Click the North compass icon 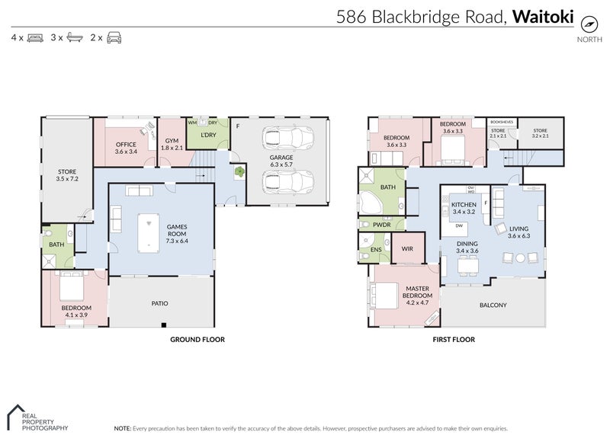pyautogui.click(x=587, y=23)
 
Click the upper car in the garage pyautogui.click(x=287, y=138)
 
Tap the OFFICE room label pyautogui.click(x=125, y=145)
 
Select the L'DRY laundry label pyautogui.click(x=207, y=135)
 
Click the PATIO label pyautogui.click(x=160, y=303)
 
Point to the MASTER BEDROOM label pyautogui.click(x=418, y=292)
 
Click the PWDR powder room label pyautogui.click(x=382, y=225)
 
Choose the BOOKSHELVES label pyautogui.click(x=501, y=121)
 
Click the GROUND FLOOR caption pyautogui.click(x=197, y=340)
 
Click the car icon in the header pyautogui.click(x=114, y=37)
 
